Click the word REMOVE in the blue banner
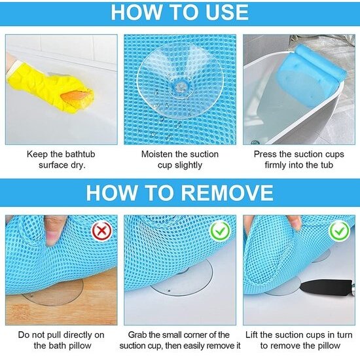click(228, 192)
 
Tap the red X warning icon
click(101, 231)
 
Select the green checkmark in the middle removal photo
click(220, 230)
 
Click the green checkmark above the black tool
click(339, 230)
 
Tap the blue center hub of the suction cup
click(181, 86)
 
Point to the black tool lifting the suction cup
click(326, 287)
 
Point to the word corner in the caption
click(197, 335)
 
